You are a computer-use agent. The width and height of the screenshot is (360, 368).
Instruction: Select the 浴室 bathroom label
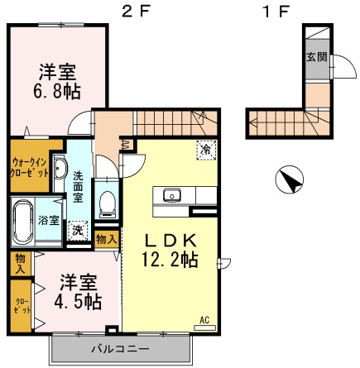click(49, 220)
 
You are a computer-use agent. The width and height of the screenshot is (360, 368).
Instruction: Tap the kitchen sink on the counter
click(172, 196)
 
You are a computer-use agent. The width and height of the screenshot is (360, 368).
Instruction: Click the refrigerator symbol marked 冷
click(204, 149)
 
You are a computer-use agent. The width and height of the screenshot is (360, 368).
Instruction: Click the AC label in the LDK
click(204, 318)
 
